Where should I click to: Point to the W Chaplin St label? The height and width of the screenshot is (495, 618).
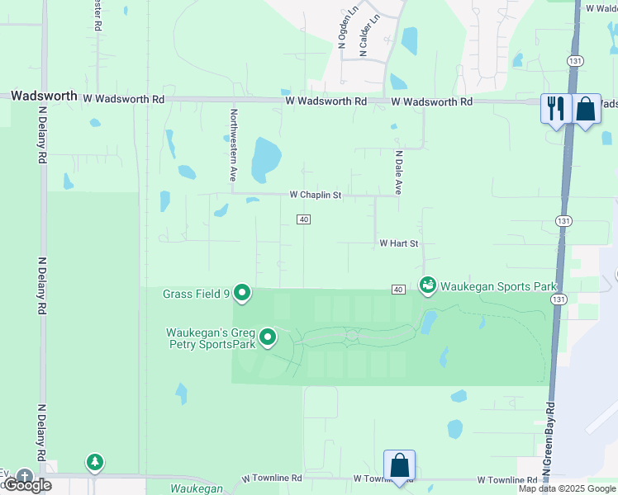point(316,195)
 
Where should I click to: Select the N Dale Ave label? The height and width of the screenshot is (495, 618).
point(398,172)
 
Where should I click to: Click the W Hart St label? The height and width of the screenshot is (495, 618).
point(399,243)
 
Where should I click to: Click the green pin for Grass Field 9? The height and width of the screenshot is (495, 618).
point(242,292)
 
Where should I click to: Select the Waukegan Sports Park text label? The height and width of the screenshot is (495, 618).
point(498,286)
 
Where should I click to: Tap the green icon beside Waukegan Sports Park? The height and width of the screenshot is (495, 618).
point(427,285)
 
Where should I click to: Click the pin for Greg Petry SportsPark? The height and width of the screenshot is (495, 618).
point(268,337)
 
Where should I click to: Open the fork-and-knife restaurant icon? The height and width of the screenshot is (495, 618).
point(555,107)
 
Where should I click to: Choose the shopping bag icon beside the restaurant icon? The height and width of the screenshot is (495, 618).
point(586,107)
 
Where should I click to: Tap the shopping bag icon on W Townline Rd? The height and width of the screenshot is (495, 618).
point(399,464)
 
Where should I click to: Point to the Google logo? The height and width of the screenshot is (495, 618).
point(27,485)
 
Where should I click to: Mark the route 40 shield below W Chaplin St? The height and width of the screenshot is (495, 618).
point(304,219)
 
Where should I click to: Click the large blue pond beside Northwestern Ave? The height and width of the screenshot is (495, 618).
point(265,160)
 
